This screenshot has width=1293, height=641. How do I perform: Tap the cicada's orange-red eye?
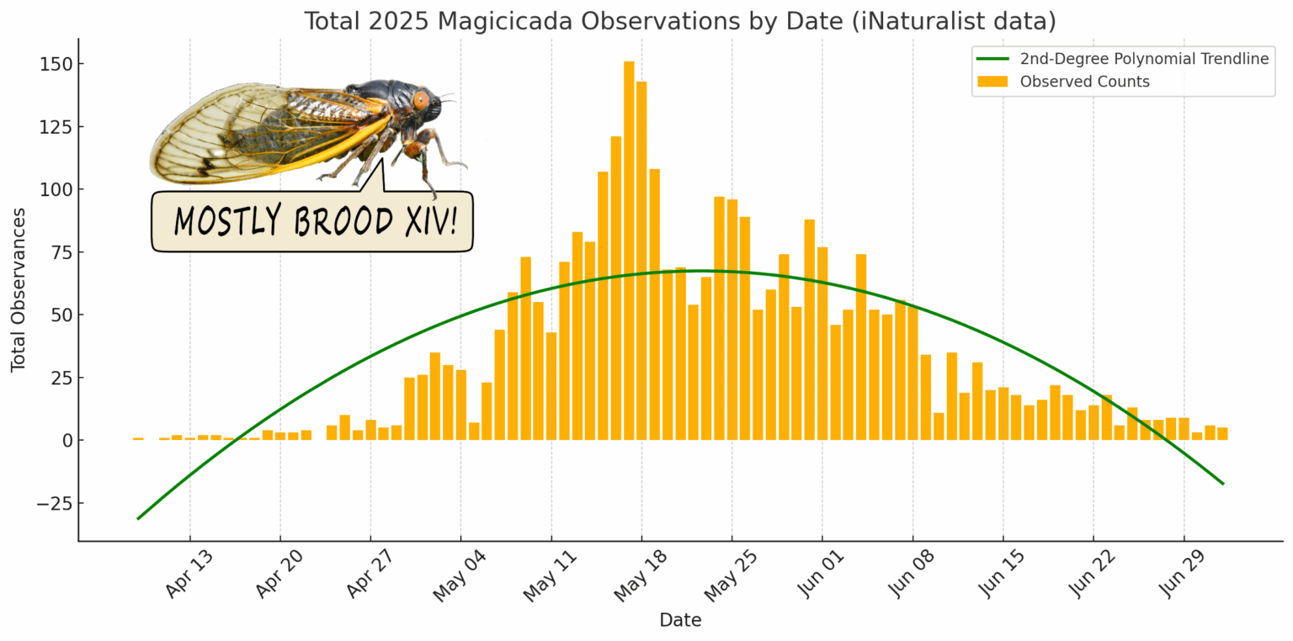[421, 99]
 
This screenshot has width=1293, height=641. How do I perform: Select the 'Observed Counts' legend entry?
[1084, 82]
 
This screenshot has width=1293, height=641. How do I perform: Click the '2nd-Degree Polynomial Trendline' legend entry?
[1144, 58]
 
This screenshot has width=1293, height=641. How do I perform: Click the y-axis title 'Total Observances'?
[18, 289]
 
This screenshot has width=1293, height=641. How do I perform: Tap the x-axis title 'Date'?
[680, 621]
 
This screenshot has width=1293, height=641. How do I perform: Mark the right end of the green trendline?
[1222, 484]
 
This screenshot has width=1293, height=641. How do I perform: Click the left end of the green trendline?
[138, 518]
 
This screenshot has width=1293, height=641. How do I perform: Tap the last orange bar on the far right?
[1221, 433]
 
